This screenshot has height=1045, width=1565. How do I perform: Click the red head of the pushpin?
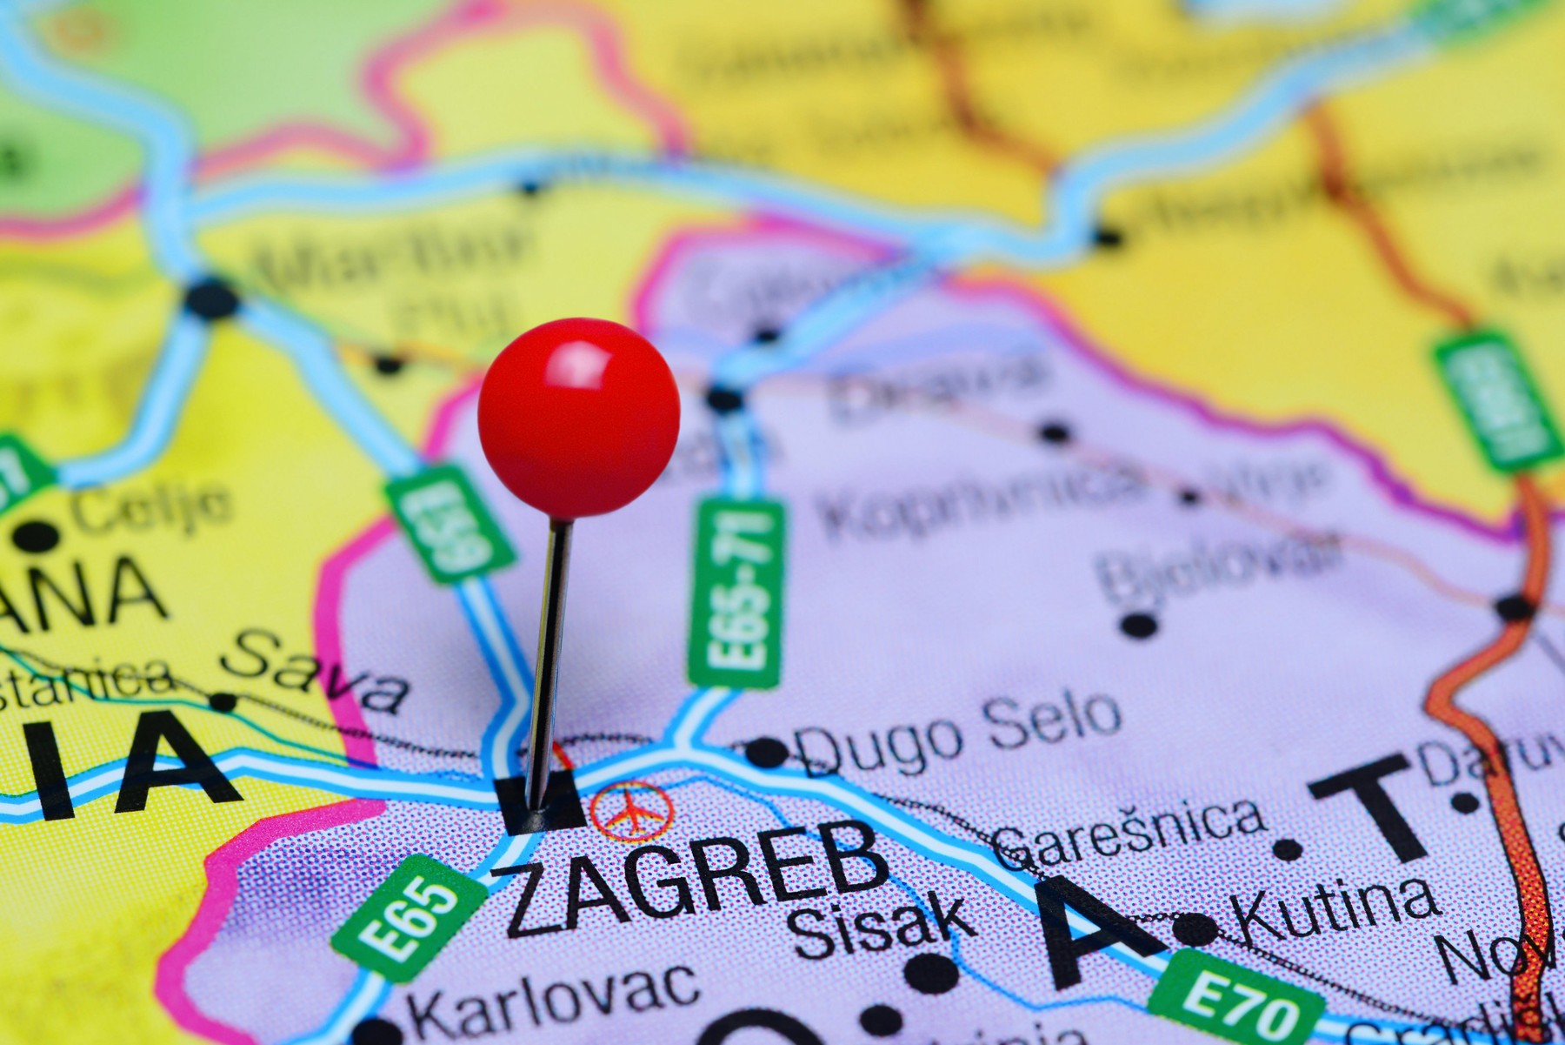(578, 417)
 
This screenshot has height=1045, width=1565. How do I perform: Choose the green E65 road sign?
(409, 917)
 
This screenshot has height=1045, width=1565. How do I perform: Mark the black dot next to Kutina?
(1195, 930)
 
